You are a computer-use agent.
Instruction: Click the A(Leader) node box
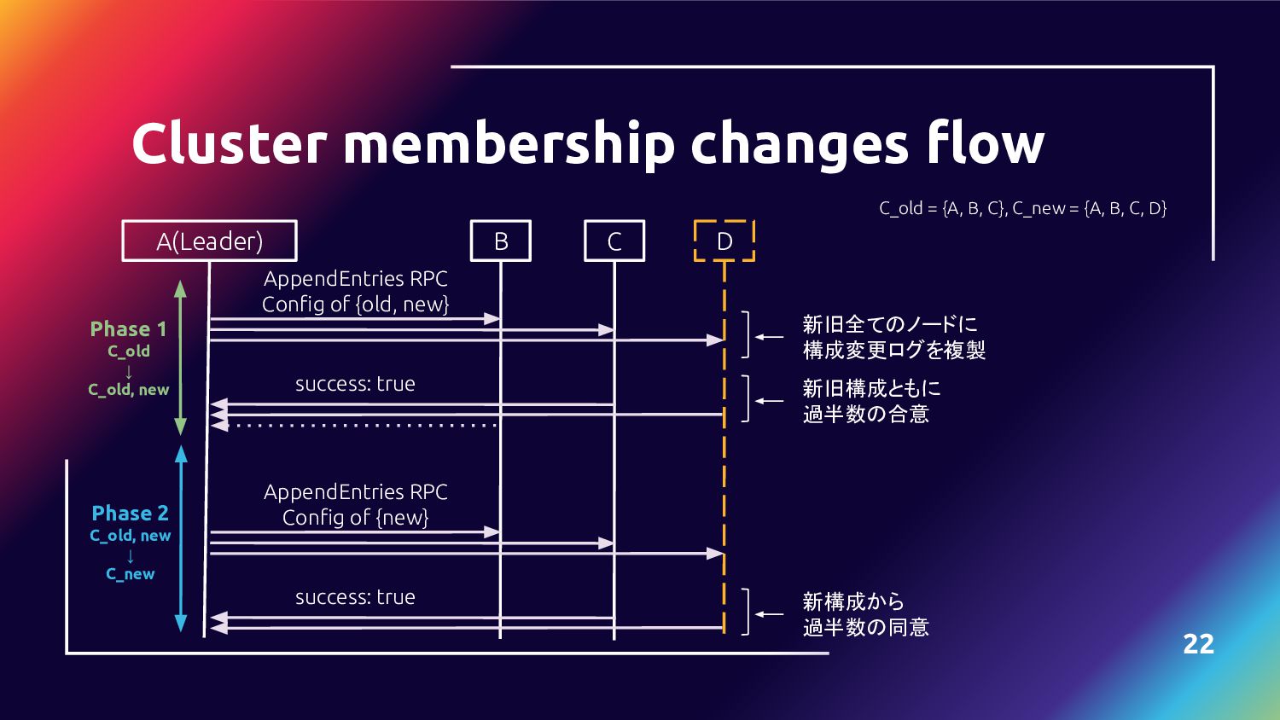pyautogui.click(x=209, y=241)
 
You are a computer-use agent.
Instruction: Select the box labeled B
pyautogui.click(x=501, y=241)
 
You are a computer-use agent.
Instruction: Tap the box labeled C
pyautogui.click(x=614, y=241)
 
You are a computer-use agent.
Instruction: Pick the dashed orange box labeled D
pyautogui.click(x=724, y=241)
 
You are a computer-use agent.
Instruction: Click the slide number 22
pyautogui.click(x=1198, y=644)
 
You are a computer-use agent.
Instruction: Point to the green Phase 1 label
pyautogui.click(x=129, y=329)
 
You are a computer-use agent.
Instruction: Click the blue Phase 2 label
pyautogui.click(x=131, y=514)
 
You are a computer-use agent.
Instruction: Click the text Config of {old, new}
pyautogui.click(x=355, y=305)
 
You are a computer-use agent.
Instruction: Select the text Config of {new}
pyautogui.click(x=355, y=518)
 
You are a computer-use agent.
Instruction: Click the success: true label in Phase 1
pyautogui.click(x=355, y=384)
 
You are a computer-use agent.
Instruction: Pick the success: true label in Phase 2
pyautogui.click(x=355, y=597)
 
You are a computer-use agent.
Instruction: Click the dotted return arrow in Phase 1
pyautogui.click(x=358, y=425)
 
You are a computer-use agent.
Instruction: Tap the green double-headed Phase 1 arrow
pyautogui.click(x=181, y=358)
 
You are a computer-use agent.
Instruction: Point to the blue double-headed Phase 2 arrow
pyautogui.click(x=181, y=537)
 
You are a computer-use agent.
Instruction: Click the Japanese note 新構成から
pyautogui.click(x=853, y=601)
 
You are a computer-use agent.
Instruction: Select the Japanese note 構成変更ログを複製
pyautogui.click(x=893, y=350)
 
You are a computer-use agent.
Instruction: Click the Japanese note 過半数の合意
pyautogui.click(x=865, y=414)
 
